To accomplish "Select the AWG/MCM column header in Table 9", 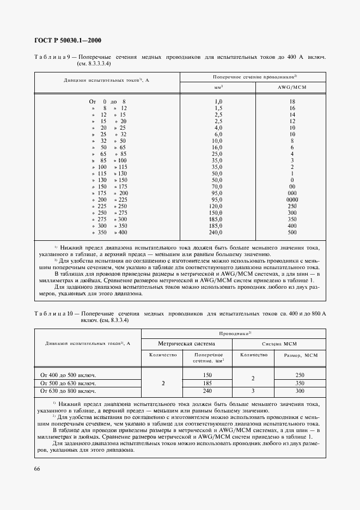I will point(292,87).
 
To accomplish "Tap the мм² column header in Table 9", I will point(218,87).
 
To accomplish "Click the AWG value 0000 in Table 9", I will point(292,200).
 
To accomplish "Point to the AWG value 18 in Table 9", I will point(292,102).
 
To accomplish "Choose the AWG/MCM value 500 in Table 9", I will point(292,233).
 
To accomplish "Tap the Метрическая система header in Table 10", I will point(187,344).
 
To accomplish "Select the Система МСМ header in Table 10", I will point(279,344).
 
